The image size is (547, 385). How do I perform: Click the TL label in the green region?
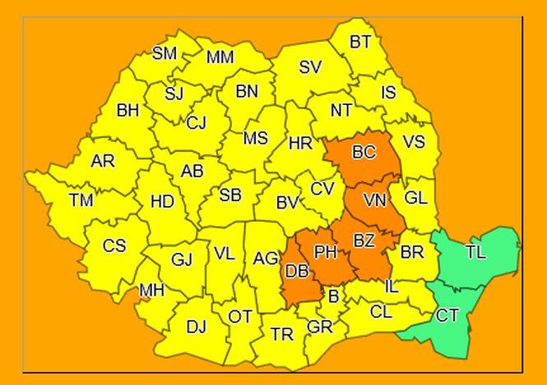click(475, 252)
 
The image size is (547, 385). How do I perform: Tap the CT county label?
click(447, 315)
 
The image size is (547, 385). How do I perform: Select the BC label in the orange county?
click(363, 152)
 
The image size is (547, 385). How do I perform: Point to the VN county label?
click(374, 200)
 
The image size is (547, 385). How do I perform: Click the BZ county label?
click(364, 241)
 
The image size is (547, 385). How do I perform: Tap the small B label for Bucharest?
click(333, 296)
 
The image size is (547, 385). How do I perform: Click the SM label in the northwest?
click(165, 53)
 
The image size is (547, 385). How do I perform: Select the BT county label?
click(360, 43)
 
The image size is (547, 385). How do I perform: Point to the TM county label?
click(81, 199)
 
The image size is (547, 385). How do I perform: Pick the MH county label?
click(151, 290)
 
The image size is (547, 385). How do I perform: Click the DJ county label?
click(196, 328)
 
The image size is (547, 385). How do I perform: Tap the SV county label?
click(310, 67)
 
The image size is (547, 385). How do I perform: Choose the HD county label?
click(162, 201)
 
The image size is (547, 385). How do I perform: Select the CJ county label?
click(196, 123)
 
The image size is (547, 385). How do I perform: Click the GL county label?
click(416, 198)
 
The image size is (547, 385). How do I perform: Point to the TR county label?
click(282, 334)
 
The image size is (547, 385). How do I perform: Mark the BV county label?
click(287, 202)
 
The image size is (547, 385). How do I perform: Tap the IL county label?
click(392, 287)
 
